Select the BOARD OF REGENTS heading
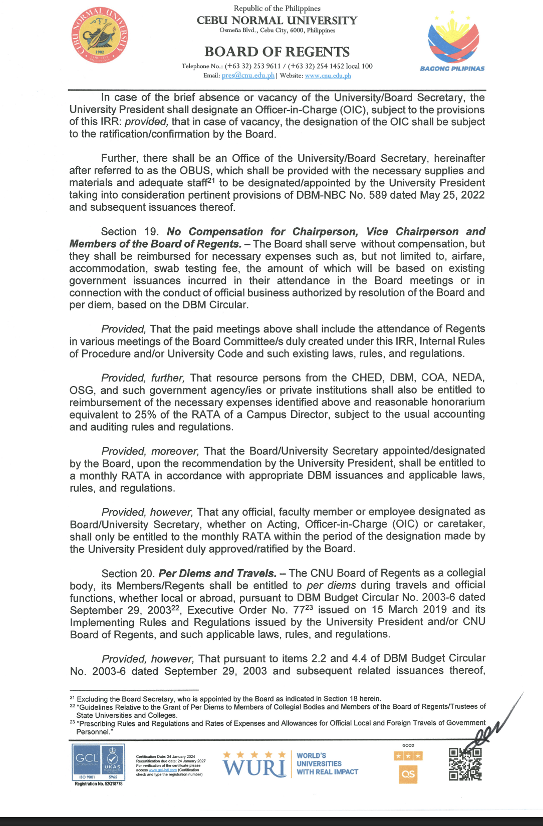277,52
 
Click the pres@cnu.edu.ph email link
248,76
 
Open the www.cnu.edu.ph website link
328,76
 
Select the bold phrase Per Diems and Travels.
217,573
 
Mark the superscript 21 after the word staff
211,180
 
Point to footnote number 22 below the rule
72,706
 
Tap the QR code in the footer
465,764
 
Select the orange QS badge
408,774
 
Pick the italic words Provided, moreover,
150,451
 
